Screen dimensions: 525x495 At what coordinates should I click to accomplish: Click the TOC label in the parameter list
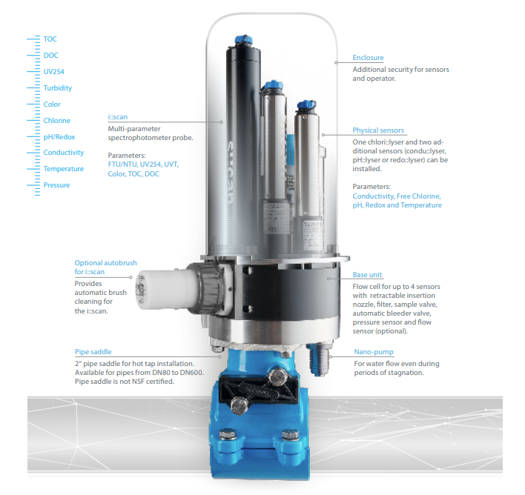pyautogui.click(x=50, y=39)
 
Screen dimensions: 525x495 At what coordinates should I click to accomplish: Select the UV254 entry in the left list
pyautogui.click(x=54, y=72)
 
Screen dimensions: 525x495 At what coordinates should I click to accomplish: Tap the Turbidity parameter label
pyautogui.click(x=58, y=88)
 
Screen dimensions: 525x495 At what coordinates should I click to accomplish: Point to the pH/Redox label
pyautogui.click(x=59, y=137)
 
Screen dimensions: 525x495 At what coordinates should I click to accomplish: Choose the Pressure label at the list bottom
pyautogui.click(x=56, y=185)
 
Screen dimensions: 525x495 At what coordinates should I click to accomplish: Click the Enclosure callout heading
pyautogui.click(x=368, y=58)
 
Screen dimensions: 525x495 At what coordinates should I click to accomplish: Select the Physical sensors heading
pyautogui.click(x=378, y=130)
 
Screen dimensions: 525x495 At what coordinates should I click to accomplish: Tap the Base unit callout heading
pyautogui.click(x=367, y=275)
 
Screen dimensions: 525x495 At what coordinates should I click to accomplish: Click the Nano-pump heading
pyautogui.click(x=374, y=352)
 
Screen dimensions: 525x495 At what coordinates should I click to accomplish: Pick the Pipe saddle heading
pyautogui.click(x=93, y=352)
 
